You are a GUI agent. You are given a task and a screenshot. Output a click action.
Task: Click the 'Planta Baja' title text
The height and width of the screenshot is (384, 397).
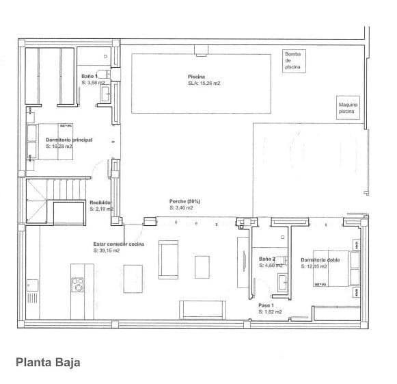(49, 362)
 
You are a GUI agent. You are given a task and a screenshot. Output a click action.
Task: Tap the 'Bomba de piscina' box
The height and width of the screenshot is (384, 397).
(292, 61)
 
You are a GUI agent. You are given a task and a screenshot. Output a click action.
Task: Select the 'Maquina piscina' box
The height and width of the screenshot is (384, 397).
(348, 108)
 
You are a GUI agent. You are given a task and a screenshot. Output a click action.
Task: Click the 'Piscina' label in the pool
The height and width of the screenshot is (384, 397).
(197, 77)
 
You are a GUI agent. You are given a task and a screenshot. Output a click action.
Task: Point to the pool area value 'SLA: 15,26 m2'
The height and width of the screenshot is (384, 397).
(204, 83)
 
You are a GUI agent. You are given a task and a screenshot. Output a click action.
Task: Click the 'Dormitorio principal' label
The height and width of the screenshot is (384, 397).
(69, 140)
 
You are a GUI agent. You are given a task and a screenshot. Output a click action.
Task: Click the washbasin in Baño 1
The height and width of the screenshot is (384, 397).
(106, 94)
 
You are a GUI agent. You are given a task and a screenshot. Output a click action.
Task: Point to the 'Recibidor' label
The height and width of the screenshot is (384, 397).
(100, 203)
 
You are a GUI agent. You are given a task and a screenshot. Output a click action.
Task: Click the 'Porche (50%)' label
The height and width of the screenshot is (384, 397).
(184, 201)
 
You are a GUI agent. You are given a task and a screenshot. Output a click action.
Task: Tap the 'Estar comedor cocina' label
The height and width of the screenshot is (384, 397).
(118, 244)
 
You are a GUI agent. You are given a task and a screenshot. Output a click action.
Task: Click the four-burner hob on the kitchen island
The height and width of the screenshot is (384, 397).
(77, 283)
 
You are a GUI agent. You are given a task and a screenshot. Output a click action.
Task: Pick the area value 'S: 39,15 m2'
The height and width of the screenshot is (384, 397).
(107, 250)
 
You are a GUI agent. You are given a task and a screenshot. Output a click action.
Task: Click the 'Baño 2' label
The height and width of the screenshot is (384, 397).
(266, 259)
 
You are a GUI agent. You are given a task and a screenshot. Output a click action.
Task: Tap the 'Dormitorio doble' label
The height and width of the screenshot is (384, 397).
(320, 259)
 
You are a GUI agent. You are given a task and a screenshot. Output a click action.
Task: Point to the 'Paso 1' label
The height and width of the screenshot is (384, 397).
(266, 305)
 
